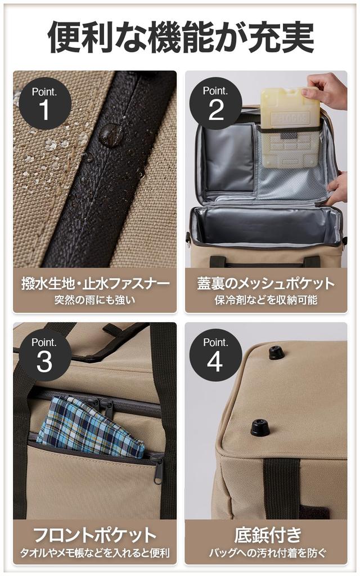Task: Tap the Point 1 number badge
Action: pyautogui.click(x=45, y=103)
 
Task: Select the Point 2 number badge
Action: pyautogui.click(x=216, y=103)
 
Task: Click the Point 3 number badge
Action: pyautogui.click(x=45, y=355)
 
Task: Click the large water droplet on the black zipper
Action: pyautogui.click(x=110, y=135)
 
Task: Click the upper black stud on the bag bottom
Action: pyautogui.click(x=276, y=353)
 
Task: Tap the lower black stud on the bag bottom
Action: pyautogui.click(x=260, y=427)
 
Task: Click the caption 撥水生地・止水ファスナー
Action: pyautogui.click(x=94, y=283)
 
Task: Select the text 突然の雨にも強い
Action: pyautogui.click(x=94, y=300)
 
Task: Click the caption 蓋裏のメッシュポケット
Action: pyautogui.click(x=266, y=283)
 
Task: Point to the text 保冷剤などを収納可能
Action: pyautogui.click(x=266, y=300)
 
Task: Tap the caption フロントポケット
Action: pyautogui.click(x=94, y=535)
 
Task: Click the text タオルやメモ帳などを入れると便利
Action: pyautogui.click(x=94, y=552)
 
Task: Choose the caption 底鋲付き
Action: pyautogui.click(x=266, y=535)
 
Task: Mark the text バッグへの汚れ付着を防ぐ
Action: pyautogui.click(x=266, y=552)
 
